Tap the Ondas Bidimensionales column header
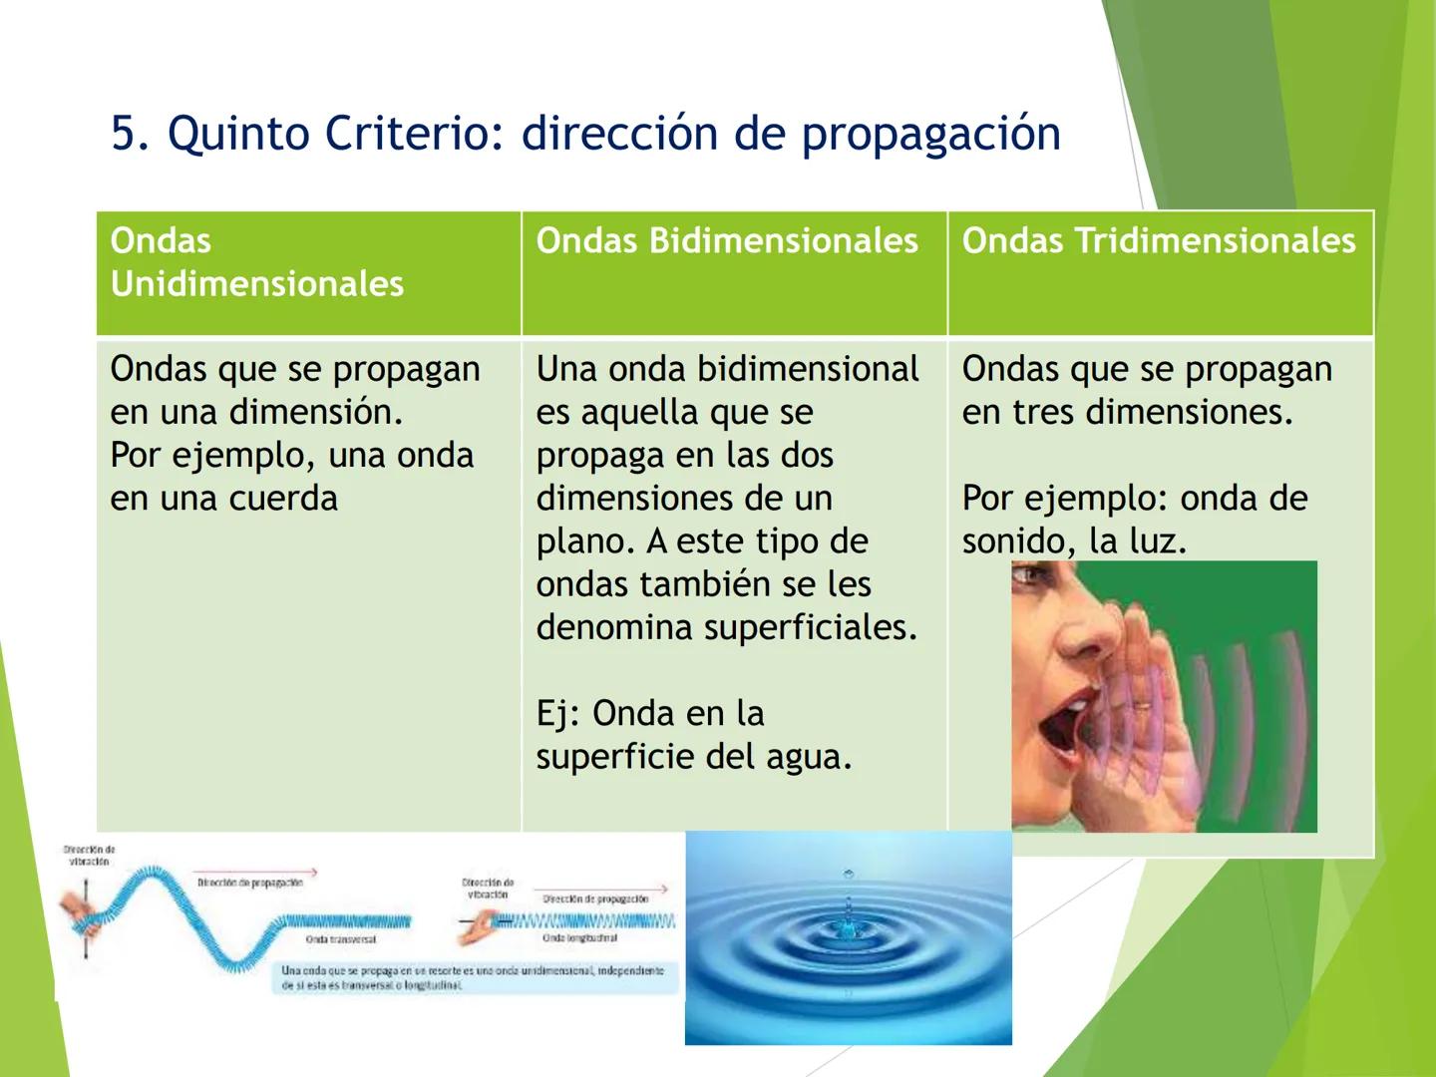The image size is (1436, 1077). click(x=727, y=241)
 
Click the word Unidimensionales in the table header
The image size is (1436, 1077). click(x=257, y=284)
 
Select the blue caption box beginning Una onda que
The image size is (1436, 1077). click(x=474, y=977)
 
